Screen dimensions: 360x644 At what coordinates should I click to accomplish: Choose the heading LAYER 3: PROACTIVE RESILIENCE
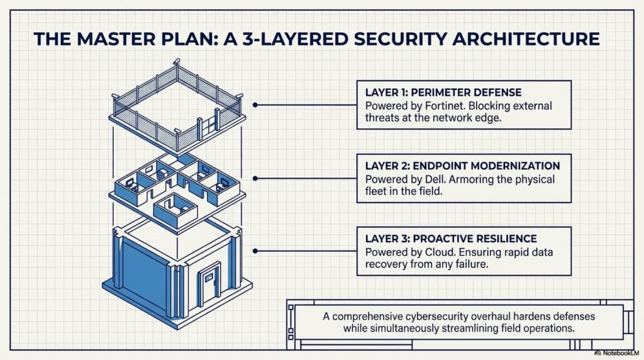(451, 239)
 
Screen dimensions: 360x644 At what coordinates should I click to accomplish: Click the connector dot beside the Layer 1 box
(255, 105)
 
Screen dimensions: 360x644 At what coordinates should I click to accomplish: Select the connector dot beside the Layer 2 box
(255, 179)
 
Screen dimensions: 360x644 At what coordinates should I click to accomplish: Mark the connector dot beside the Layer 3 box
(255, 250)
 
